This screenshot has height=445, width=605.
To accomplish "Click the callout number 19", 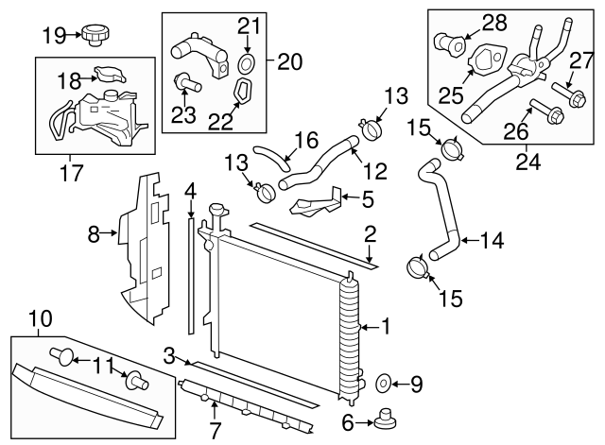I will (54, 35).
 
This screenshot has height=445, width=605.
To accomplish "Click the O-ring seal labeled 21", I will (247, 64).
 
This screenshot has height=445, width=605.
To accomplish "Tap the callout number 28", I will (494, 22).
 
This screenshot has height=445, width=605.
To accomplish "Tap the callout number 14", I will (493, 240).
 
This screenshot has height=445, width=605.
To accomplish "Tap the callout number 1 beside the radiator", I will (385, 327).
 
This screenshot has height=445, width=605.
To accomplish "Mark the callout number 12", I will (375, 173).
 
